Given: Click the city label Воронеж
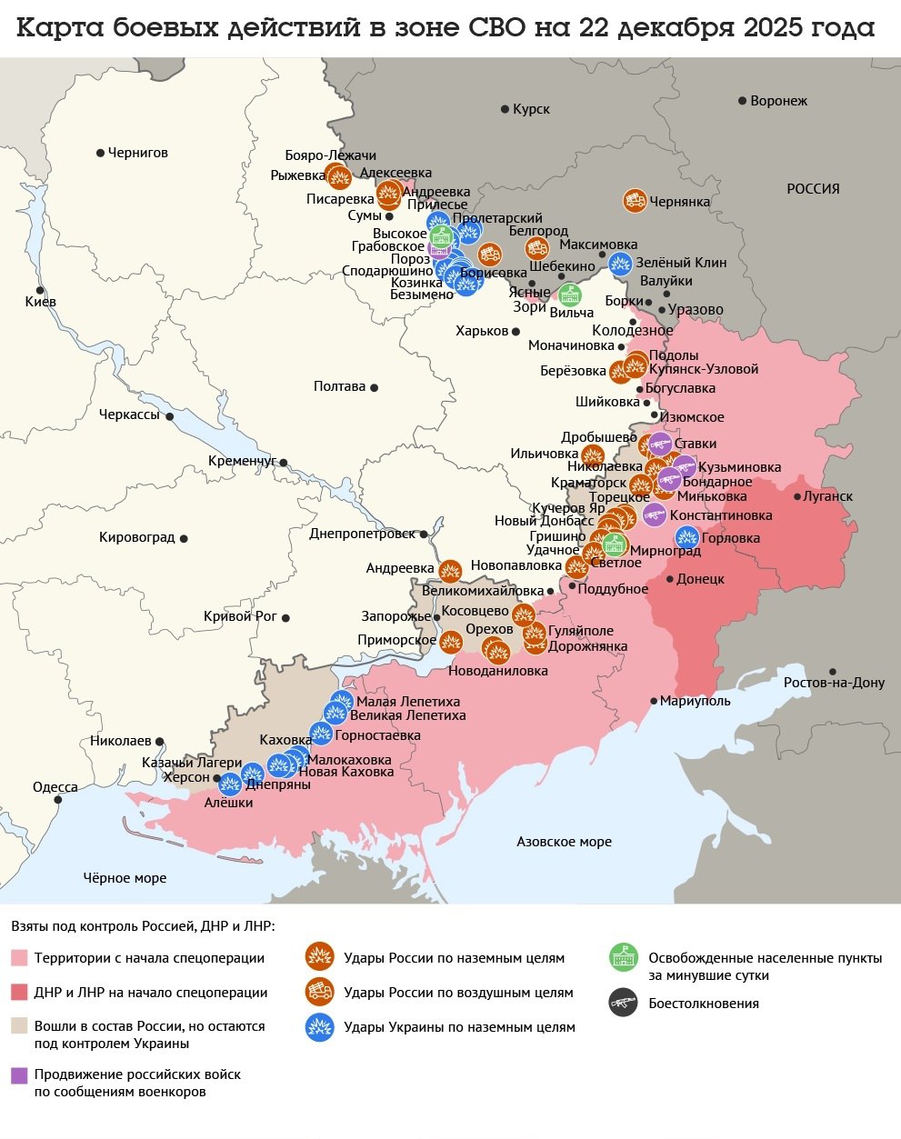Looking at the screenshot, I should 778,101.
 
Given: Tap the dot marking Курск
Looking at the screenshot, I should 506,109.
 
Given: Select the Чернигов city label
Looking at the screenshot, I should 137,153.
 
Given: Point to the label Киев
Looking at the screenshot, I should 41,302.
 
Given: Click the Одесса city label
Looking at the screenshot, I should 55,787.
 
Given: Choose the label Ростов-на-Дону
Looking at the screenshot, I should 834,683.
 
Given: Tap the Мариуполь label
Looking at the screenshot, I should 695,701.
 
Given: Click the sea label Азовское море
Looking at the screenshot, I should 564,842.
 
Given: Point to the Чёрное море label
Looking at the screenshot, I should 125,878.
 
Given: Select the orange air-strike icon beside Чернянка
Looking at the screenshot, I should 635,201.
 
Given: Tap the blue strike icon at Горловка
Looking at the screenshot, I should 686,537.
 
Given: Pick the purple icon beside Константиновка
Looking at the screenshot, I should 654,515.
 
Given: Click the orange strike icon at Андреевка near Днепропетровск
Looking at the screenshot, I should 450,570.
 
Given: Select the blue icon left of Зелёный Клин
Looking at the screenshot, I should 620,264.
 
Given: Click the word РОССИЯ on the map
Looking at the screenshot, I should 813,189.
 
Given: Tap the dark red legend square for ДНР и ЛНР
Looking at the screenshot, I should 19,992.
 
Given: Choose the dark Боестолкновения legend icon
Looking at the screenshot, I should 623,1003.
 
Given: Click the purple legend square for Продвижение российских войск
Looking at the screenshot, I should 19,1075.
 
